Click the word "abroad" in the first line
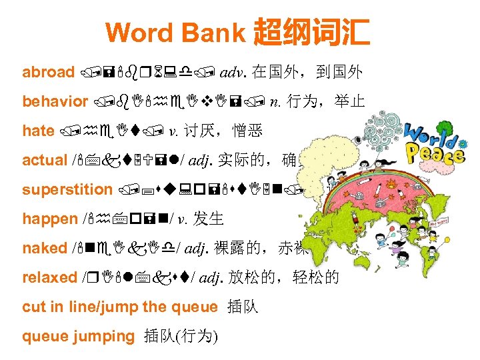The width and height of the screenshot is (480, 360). [x=48, y=72]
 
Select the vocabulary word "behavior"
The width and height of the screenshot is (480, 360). [x=55, y=101]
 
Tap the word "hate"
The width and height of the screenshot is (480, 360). [x=38, y=131]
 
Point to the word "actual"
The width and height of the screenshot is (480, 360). [x=44, y=160]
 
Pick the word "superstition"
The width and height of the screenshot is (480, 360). [x=67, y=189]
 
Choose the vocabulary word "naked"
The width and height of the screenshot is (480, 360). [x=45, y=248]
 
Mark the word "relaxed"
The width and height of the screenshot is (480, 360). [x=50, y=277]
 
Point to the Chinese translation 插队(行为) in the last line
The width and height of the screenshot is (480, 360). [x=181, y=336]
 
